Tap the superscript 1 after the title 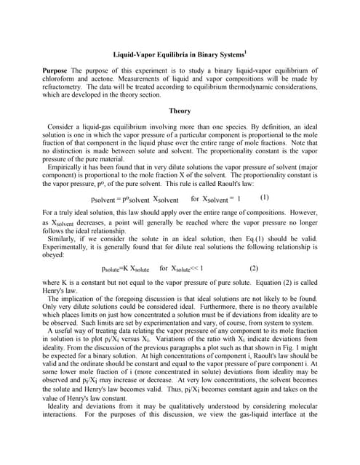(246, 51)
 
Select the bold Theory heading (180, 111)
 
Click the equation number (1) (264, 197)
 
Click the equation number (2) (254, 267)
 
